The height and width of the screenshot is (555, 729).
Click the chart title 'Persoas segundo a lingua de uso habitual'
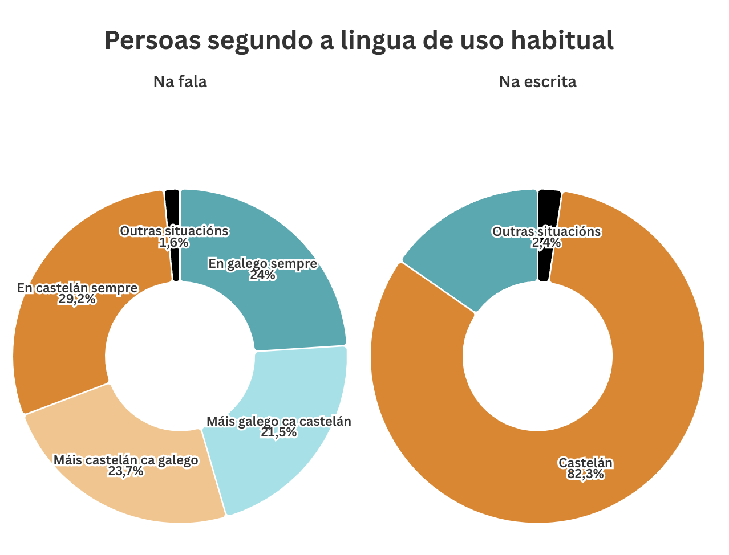(359, 40)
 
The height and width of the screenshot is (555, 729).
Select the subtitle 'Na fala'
(180, 82)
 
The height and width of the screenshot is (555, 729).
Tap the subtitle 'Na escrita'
(537, 82)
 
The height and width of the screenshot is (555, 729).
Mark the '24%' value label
(262, 276)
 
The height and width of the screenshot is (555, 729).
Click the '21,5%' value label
(278, 433)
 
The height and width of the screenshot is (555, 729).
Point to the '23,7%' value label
(125, 471)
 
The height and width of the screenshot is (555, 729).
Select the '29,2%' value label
(77, 300)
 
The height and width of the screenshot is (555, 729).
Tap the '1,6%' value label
(173, 243)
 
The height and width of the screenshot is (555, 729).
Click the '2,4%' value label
(546, 243)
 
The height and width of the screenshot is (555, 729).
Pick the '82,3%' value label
(585, 474)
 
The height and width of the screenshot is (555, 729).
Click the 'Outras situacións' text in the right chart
(546, 231)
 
